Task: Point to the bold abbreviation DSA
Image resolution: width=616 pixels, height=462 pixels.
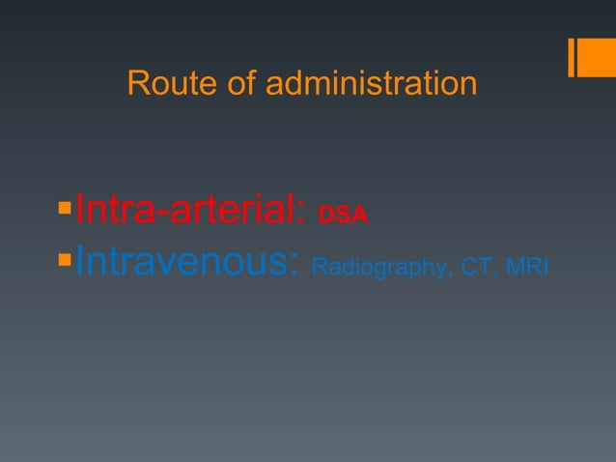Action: click(x=343, y=215)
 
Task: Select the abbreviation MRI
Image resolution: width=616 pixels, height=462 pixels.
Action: click(x=527, y=265)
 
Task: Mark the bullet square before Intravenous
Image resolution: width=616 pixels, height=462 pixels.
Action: click(x=65, y=258)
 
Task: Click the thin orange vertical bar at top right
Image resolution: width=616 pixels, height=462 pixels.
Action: click(x=573, y=57)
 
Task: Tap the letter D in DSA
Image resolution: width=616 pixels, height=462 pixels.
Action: click(x=325, y=215)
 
